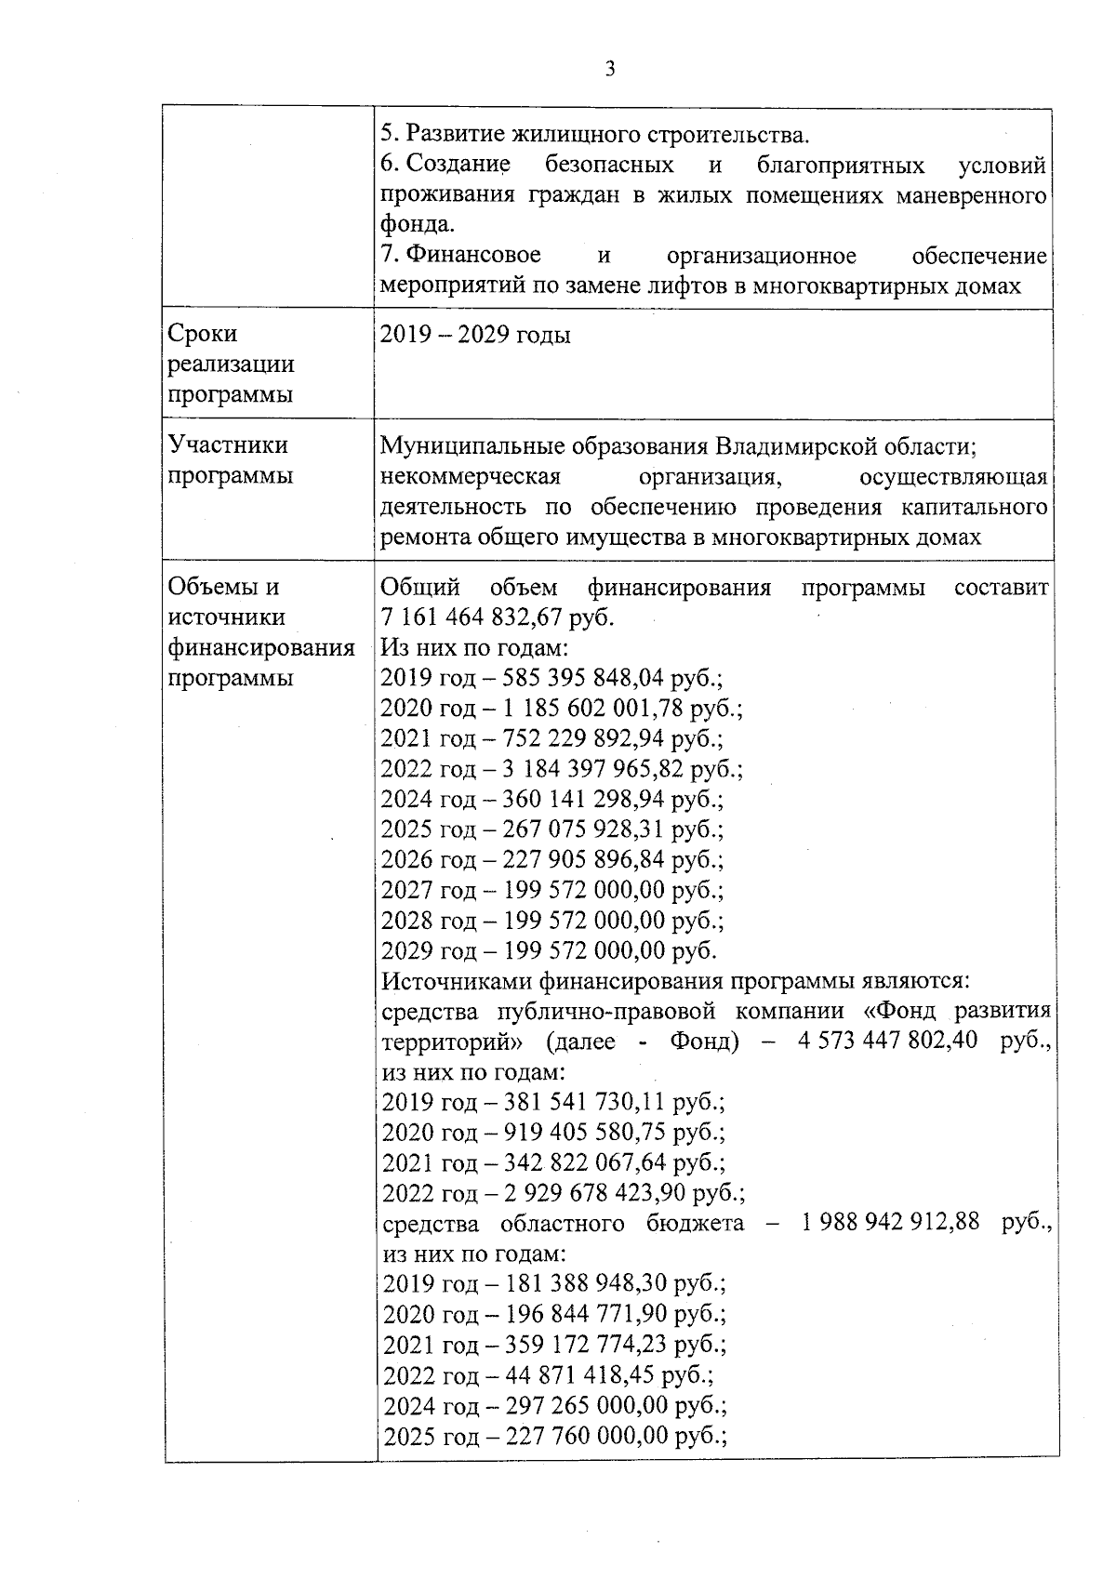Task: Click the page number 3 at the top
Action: (x=610, y=69)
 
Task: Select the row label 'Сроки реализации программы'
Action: (x=231, y=364)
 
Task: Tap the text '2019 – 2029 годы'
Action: (x=475, y=335)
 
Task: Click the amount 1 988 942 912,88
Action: (x=890, y=1222)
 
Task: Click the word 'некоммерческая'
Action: (x=471, y=477)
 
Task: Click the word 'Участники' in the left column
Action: (x=228, y=445)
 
